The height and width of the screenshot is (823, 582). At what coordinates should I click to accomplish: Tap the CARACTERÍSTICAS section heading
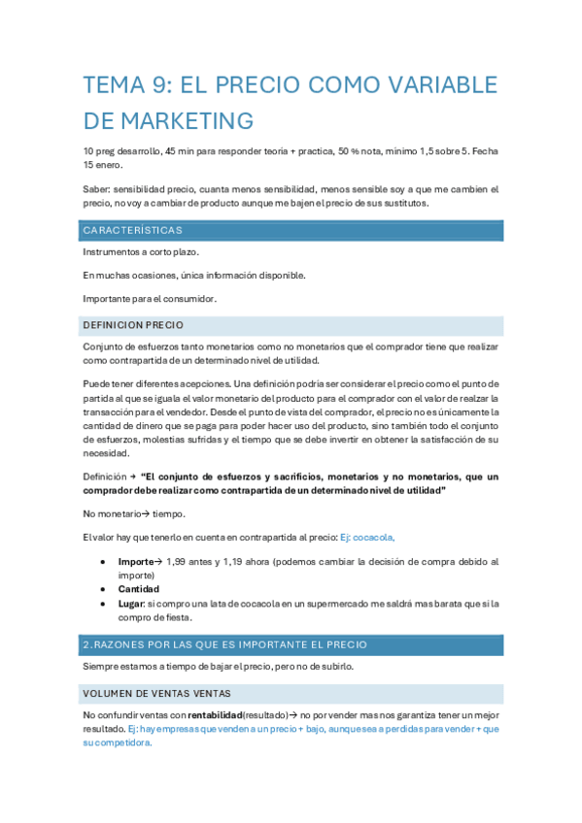132,231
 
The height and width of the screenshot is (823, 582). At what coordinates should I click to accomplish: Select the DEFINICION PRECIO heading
133,325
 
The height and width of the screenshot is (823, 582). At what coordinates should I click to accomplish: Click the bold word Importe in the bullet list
136,562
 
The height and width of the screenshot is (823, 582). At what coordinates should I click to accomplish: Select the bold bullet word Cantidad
139,589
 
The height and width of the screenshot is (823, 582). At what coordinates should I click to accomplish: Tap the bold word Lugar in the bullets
131,604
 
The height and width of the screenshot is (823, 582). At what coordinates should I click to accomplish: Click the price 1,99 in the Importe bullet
178,562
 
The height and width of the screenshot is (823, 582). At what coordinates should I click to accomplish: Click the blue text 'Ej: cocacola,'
367,537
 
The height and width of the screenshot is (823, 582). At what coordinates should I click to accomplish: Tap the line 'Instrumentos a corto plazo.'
141,252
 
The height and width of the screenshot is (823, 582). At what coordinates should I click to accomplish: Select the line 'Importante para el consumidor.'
150,298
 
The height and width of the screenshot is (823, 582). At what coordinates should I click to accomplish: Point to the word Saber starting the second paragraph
97,189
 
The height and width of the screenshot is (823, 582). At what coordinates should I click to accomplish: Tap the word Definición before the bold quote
105,477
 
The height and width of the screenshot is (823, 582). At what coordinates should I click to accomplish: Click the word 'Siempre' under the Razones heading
102,666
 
